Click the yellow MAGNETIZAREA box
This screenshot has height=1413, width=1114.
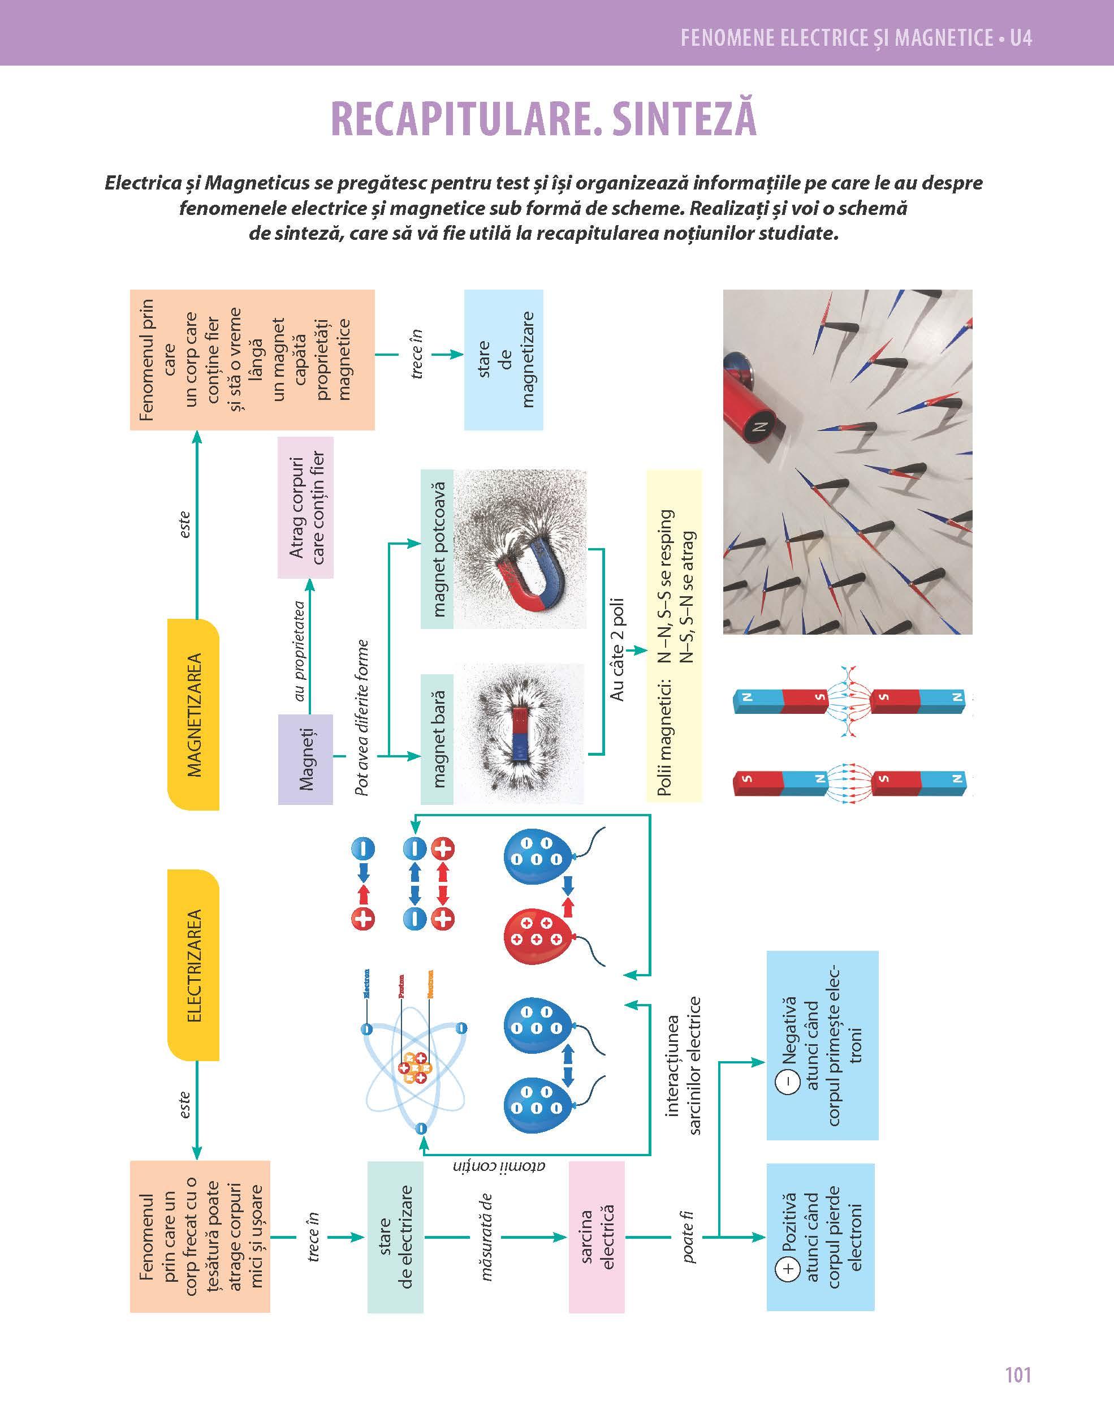coord(194,714)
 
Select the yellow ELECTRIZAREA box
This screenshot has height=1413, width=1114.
coord(194,965)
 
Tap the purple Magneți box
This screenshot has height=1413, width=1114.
coord(305,759)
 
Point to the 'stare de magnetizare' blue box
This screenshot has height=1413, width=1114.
coord(503,359)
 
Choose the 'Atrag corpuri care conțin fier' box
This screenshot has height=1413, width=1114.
coord(305,507)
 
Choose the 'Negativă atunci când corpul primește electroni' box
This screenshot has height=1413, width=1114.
coord(822,1045)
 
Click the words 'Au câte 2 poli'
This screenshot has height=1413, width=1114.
coord(617,649)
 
